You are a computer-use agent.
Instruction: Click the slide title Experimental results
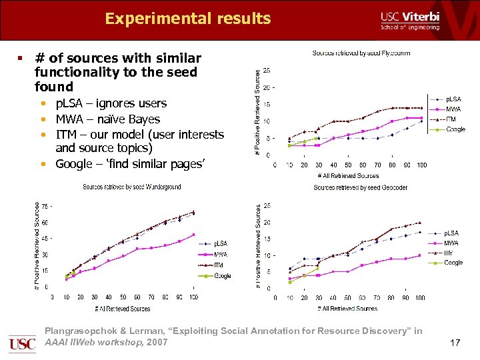point(187,19)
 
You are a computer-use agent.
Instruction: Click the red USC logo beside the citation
point(22,344)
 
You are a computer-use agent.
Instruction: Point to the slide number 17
point(455,343)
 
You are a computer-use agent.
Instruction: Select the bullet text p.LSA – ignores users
point(111,103)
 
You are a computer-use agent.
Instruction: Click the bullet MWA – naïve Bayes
point(107,119)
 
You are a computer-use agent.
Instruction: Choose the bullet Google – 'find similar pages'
point(129,164)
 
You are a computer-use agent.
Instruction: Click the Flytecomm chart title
point(361,53)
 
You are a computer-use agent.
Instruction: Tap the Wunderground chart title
point(131,187)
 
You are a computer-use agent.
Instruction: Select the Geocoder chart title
point(360,188)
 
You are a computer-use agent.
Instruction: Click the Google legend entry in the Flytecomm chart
point(455,129)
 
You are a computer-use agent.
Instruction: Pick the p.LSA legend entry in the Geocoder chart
point(451,233)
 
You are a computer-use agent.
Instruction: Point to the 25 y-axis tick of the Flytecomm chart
point(267,70)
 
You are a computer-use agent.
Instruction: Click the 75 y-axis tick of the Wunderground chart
point(45,207)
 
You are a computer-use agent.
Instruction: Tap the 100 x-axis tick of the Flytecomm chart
point(421,165)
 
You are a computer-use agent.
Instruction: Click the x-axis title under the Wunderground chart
point(122,309)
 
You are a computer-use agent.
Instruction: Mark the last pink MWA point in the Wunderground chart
point(193,235)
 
